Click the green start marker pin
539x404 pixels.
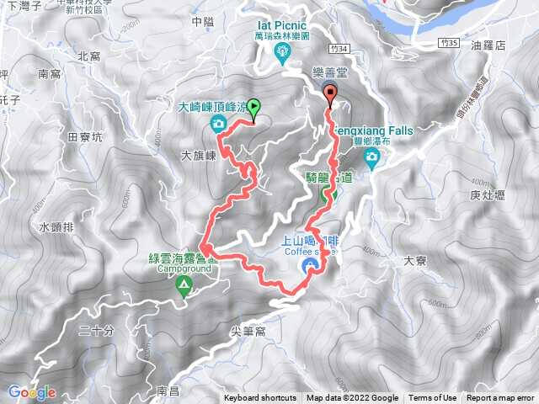(254, 107)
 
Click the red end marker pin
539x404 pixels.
(330, 93)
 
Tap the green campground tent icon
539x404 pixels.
(183, 287)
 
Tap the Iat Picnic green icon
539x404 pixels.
(282, 54)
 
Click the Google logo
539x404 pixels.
(32, 392)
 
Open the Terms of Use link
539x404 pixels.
(433, 398)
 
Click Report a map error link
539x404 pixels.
(500, 398)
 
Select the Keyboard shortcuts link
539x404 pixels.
(260, 398)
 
